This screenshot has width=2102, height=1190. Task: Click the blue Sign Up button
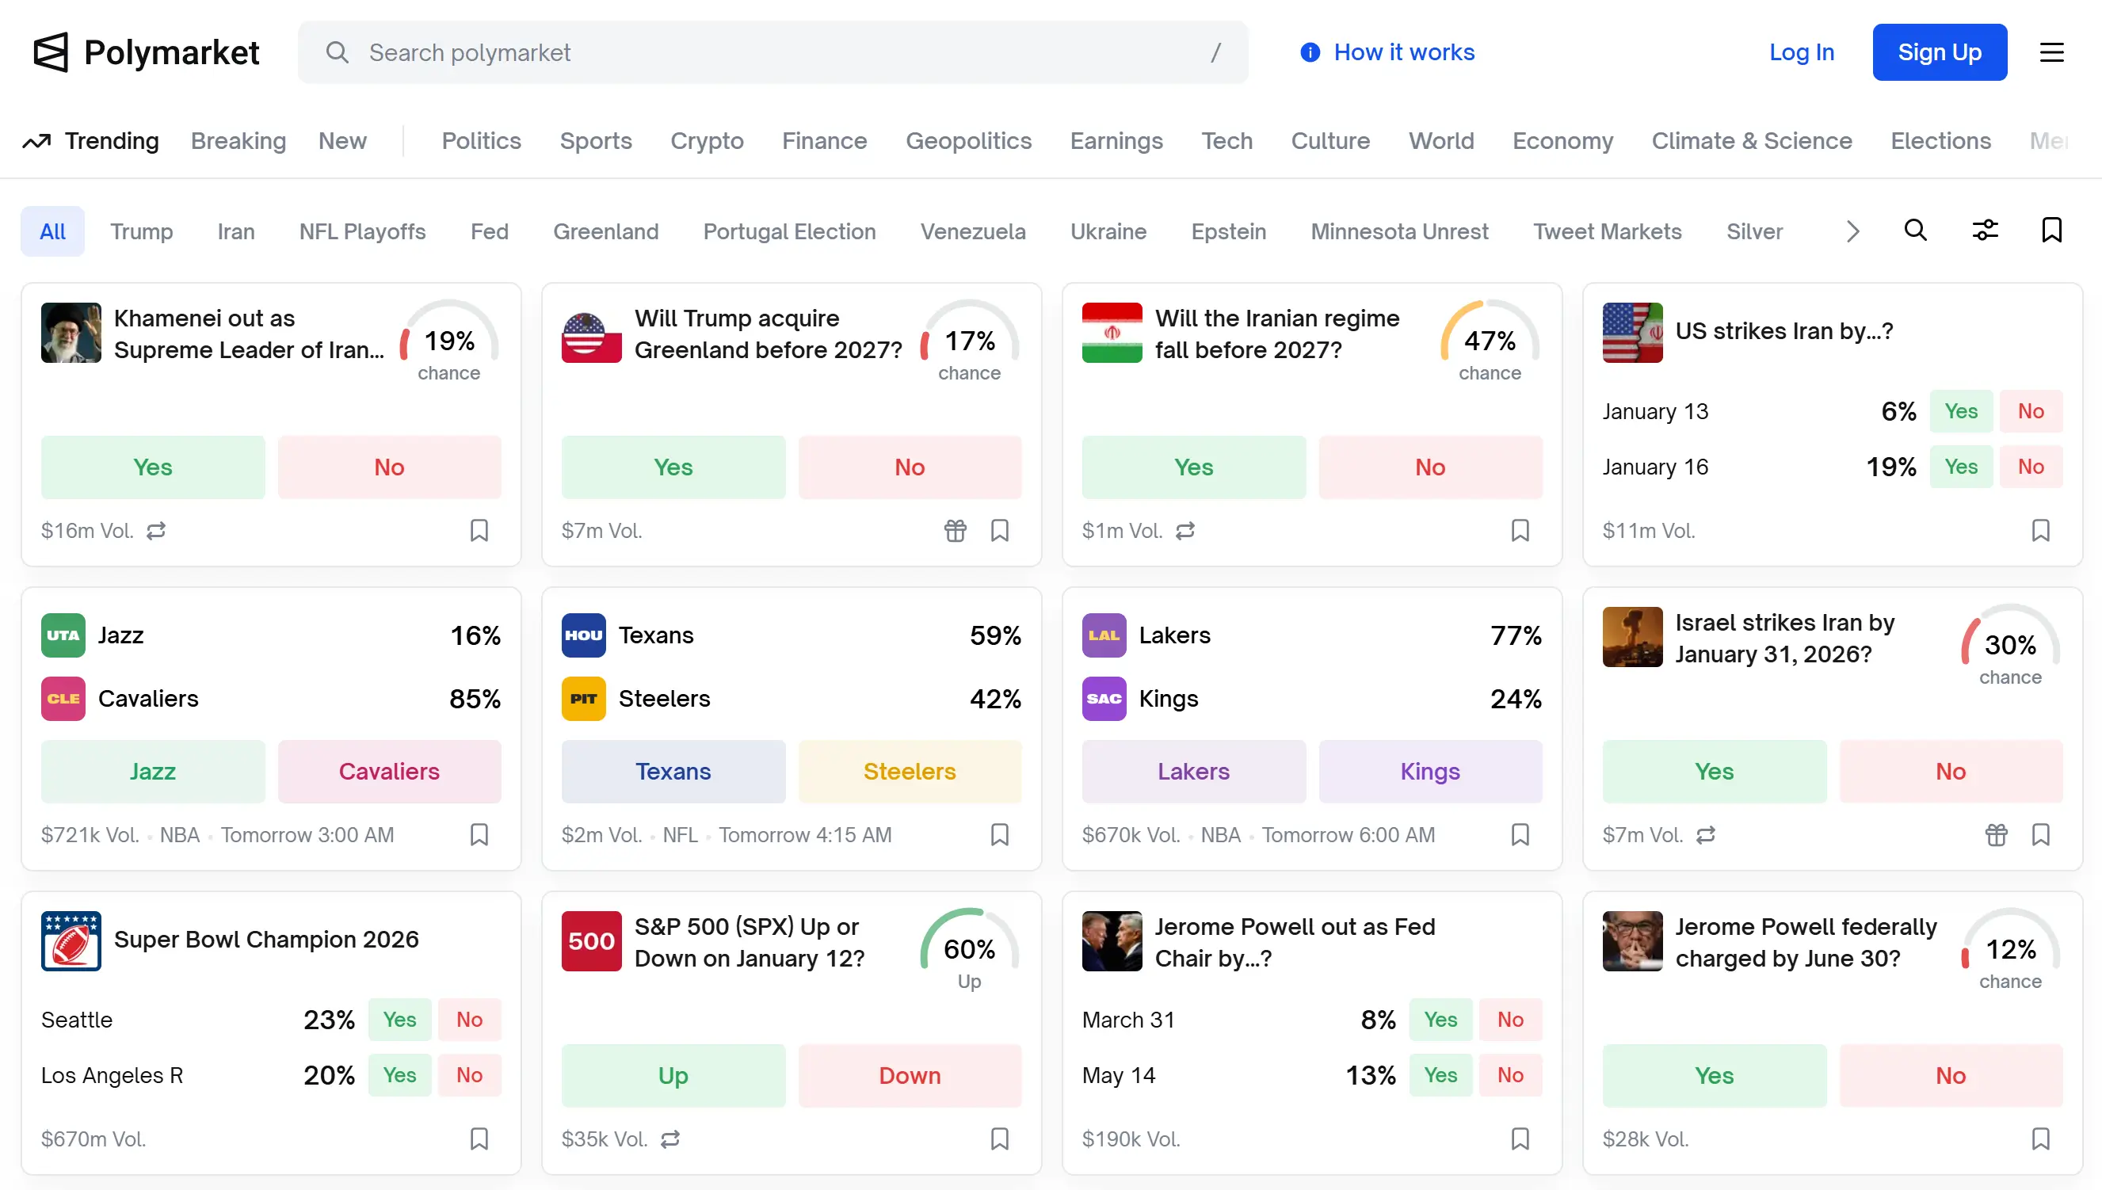(1939, 52)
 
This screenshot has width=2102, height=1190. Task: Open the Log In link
(1801, 52)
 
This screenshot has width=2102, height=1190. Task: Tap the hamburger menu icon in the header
(2051, 52)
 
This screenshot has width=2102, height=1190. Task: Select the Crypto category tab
(707, 140)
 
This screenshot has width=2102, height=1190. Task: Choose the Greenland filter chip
(605, 231)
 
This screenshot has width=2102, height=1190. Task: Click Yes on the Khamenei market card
(153, 467)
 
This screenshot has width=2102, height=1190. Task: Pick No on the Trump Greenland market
(910, 467)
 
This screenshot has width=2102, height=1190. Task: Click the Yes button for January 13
(1961, 411)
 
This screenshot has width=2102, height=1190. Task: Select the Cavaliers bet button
(389, 771)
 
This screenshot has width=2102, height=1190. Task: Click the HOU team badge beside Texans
(583, 635)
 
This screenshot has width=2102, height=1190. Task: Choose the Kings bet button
(1429, 771)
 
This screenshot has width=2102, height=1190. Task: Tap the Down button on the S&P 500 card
(910, 1075)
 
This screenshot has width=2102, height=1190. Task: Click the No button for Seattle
(469, 1019)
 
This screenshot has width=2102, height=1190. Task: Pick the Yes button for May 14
(1440, 1075)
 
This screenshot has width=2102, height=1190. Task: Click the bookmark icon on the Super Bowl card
(479, 1139)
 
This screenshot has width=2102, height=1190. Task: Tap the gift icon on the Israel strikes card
(1996, 834)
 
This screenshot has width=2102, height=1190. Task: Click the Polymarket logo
(147, 52)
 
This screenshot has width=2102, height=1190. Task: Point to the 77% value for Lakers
(1515, 635)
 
